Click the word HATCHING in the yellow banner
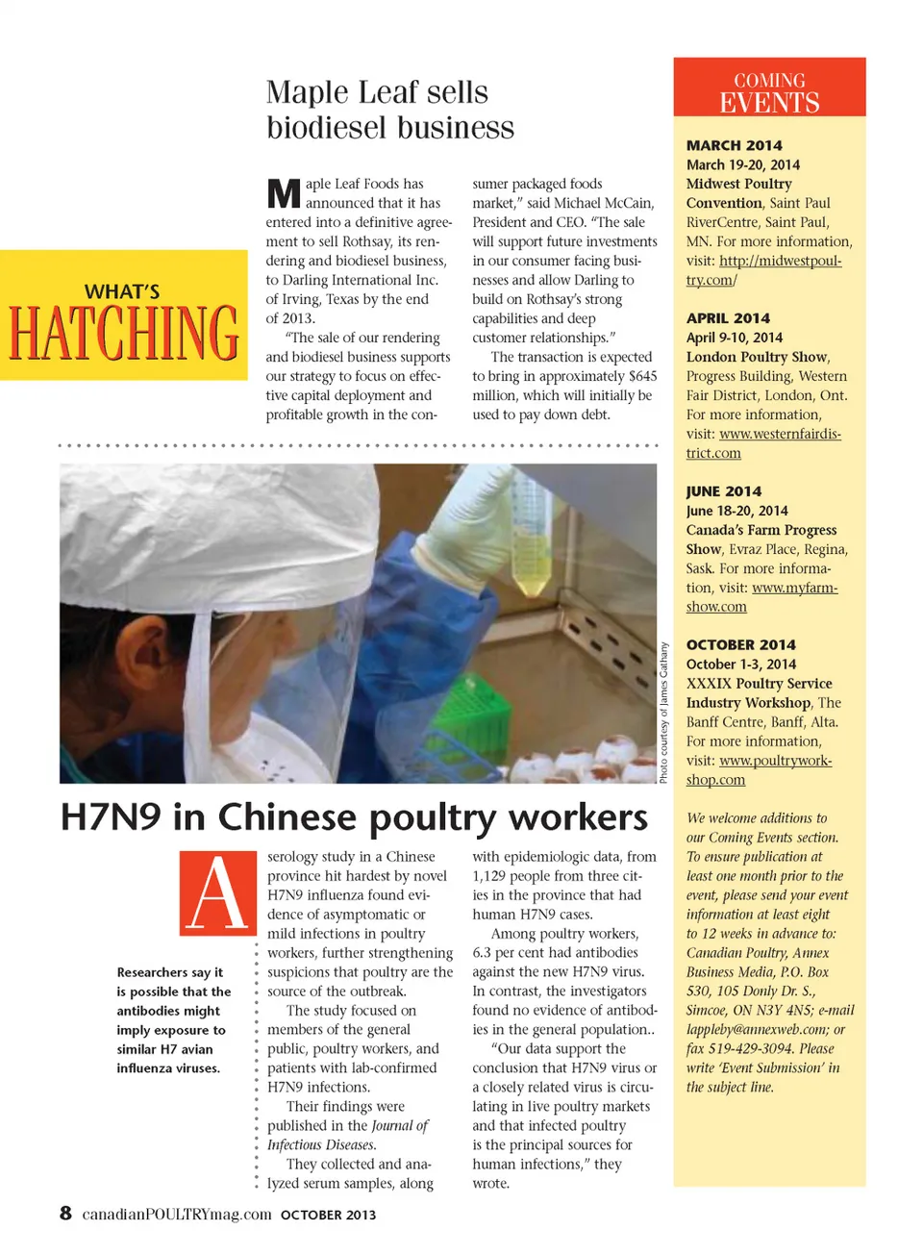point(124,333)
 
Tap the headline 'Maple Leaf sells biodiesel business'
point(389,110)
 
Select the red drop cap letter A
point(217,892)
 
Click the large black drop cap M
point(284,193)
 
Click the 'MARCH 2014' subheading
point(734,145)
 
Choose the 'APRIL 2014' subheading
point(728,318)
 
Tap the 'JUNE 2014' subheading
point(723,491)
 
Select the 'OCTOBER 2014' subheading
point(740,645)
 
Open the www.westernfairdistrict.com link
point(779,435)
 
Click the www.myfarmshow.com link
point(794,588)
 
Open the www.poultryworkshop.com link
point(775,761)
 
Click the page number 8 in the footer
point(65,1213)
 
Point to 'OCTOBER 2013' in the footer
point(328,1215)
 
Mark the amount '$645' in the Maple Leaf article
point(642,376)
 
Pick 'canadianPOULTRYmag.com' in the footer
point(177,1214)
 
